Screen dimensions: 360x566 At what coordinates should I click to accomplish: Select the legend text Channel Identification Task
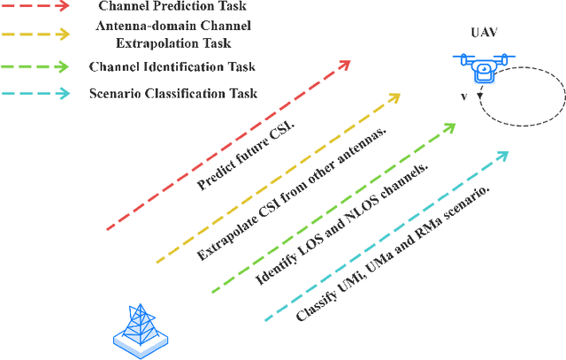(172, 65)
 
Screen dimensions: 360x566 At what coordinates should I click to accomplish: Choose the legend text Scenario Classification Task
(173, 93)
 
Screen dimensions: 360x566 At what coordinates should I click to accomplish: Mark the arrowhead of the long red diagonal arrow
(345, 64)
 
